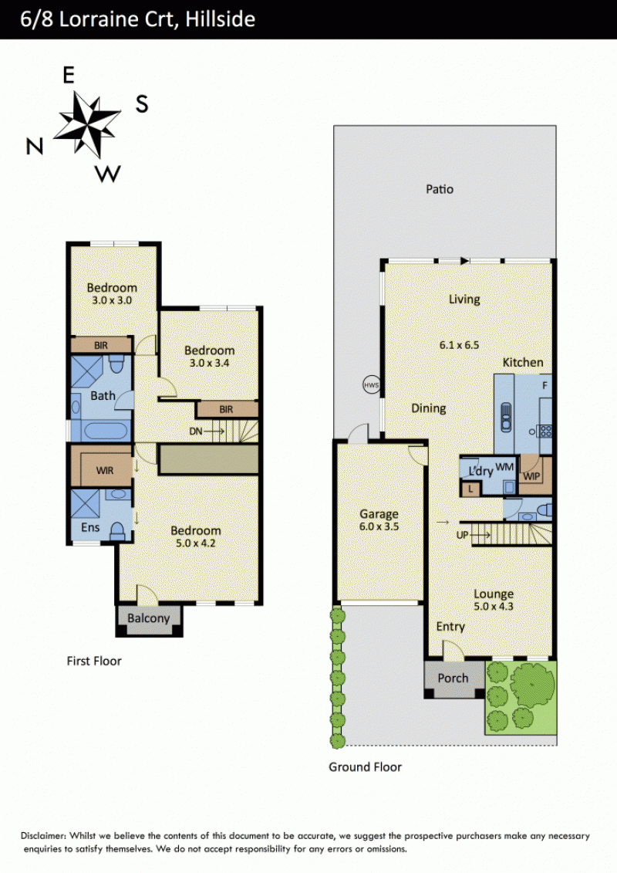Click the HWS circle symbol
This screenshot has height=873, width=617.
tap(371, 384)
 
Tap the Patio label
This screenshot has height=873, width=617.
tap(440, 189)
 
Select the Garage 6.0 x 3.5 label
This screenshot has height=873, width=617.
tap(379, 520)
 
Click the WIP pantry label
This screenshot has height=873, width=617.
tap(531, 476)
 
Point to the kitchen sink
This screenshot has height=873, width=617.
tap(506, 417)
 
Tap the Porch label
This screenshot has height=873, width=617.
tap(453, 678)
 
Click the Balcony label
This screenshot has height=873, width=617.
tap(149, 618)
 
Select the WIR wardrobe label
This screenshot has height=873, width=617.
tap(105, 470)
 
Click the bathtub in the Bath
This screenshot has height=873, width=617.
tap(105, 431)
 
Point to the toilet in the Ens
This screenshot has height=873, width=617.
tap(117, 531)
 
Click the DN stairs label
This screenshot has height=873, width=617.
tap(196, 431)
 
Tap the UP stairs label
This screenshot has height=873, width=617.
tap(462, 535)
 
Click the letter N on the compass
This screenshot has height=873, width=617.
tap(35, 147)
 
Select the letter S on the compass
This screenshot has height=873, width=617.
tap(142, 103)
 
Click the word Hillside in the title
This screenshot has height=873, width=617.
tap(221, 19)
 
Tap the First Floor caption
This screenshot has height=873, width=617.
tap(94, 661)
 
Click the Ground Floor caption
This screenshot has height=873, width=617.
tap(365, 766)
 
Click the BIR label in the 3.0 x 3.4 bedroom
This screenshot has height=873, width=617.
tap(226, 409)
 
